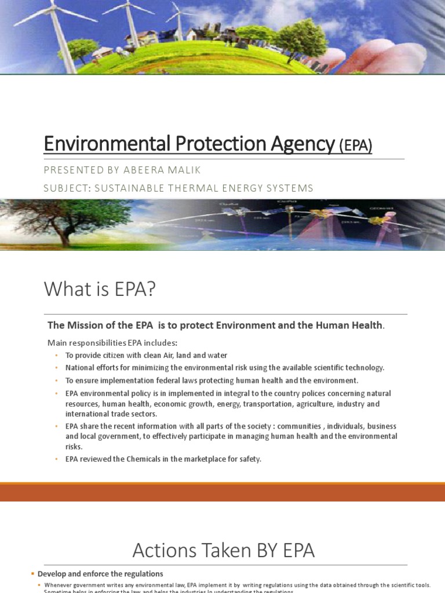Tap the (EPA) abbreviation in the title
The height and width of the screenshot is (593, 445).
(x=355, y=145)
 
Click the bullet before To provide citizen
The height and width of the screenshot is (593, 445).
(x=57, y=356)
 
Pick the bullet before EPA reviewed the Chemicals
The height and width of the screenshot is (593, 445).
(x=57, y=459)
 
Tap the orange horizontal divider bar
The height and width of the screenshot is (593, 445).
(x=222, y=492)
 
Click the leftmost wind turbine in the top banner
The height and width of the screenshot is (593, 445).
(x=55, y=29)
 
